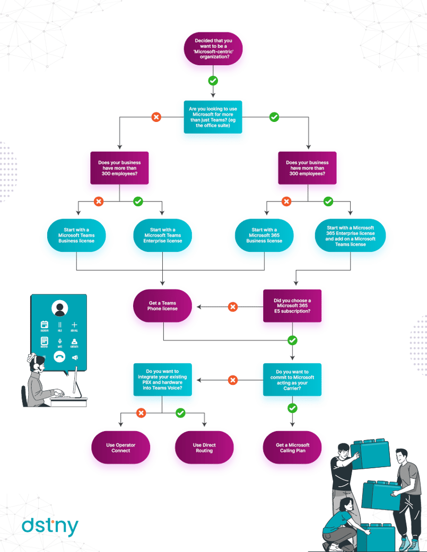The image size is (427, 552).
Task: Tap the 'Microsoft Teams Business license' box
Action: [76, 235]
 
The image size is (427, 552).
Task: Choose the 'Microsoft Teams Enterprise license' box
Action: [162, 235]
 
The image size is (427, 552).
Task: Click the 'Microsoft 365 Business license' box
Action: [264, 235]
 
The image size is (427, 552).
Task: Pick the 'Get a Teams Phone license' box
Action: [163, 306]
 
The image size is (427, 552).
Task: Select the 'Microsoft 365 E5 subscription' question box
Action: [292, 306]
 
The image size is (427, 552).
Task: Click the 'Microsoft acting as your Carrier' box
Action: [292, 380]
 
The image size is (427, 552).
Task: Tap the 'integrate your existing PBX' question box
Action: [162, 380]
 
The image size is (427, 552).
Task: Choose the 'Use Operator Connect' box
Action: [120, 448]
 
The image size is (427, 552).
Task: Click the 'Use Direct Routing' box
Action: [204, 448]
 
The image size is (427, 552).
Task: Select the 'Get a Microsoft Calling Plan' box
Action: [292, 448]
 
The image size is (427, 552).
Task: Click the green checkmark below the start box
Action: [213, 81]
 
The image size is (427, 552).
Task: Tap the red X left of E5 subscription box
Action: [232, 306]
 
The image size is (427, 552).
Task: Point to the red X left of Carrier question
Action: [232, 380]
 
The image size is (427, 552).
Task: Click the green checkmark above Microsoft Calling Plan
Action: [292, 408]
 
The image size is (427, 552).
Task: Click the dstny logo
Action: [50, 525]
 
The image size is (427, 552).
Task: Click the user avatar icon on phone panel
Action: [59, 308]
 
